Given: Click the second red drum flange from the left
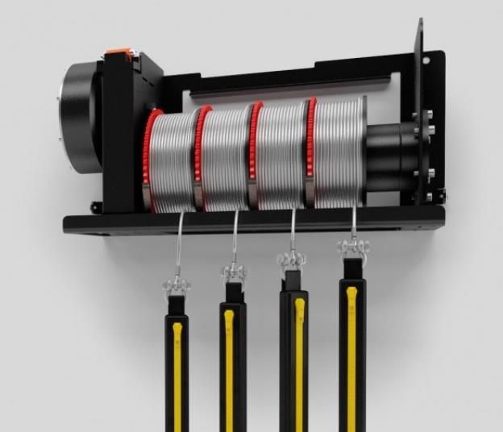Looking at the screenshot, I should point(198,153).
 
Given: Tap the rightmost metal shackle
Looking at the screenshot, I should point(351,247).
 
